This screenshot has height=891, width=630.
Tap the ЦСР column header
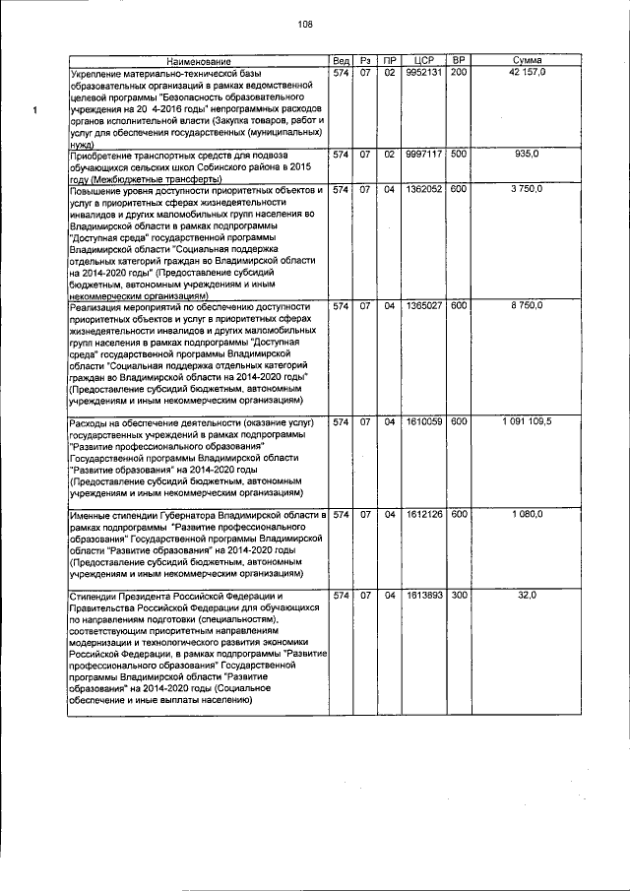click(425, 62)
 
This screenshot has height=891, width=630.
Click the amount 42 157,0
click(534, 74)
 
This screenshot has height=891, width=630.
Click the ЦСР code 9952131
click(425, 74)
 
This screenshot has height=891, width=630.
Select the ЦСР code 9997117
click(425, 155)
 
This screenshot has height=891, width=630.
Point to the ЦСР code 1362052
click(425, 189)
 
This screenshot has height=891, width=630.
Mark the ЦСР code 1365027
click(425, 307)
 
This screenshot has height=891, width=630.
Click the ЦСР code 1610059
click(425, 422)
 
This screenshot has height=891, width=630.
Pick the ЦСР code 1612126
click(425, 515)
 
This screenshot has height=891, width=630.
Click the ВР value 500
click(460, 155)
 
